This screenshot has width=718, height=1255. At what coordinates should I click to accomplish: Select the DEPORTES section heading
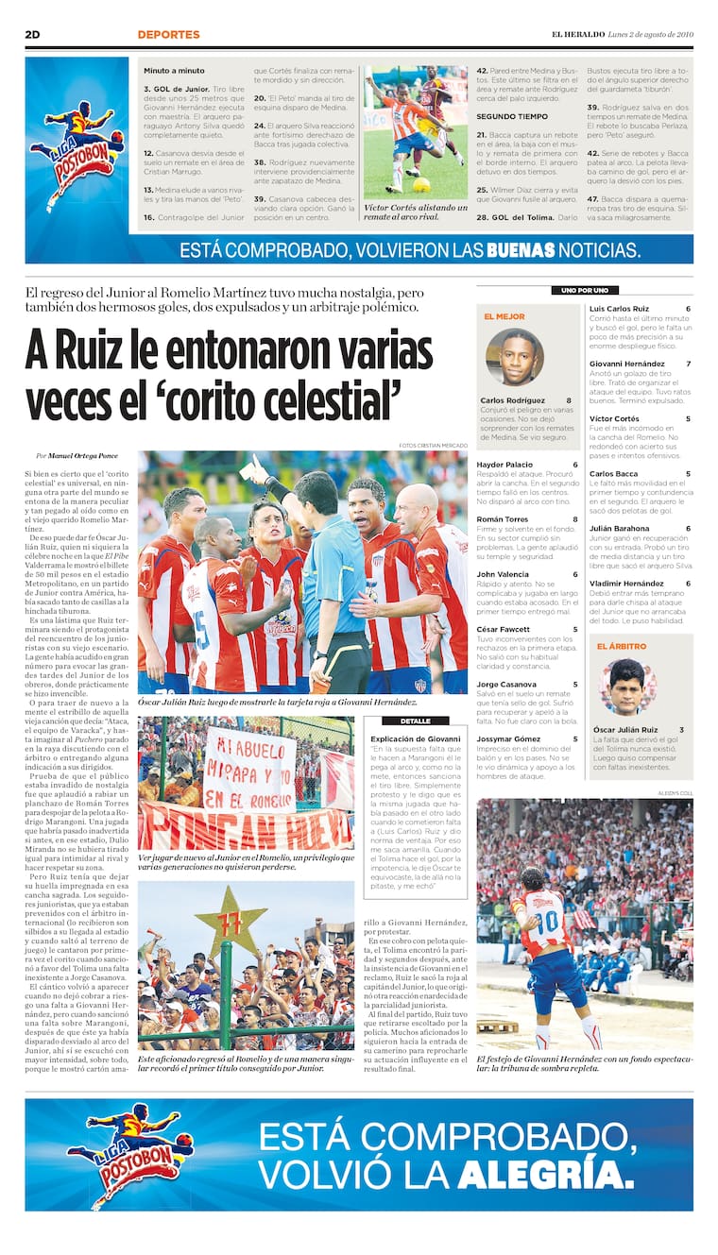click(168, 35)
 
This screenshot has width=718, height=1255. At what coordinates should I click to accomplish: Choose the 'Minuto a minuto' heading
click(174, 71)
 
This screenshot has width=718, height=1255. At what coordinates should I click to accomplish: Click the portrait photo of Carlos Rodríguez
click(515, 357)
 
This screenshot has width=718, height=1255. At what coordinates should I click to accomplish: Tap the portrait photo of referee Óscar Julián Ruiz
click(626, 687)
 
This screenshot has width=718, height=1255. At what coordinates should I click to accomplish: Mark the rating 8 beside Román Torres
click(574, 519)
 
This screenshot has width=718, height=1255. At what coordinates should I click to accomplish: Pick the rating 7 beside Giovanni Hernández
click(688, 364)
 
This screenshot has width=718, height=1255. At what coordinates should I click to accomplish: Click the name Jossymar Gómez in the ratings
click(508, 738)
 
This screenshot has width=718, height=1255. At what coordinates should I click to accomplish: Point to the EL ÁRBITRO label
click(621, 647)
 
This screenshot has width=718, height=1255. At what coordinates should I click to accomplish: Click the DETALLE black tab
click(415, 721)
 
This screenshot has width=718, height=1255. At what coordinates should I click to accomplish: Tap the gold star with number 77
click(231, 921)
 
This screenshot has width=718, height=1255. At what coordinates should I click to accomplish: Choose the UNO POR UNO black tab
click(584, 290)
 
